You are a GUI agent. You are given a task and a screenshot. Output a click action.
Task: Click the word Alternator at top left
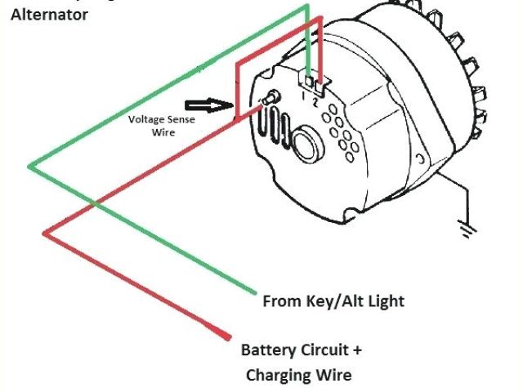(x=49, y=14)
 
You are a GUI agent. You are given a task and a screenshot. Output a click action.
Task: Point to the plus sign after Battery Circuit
(x=356, y=350)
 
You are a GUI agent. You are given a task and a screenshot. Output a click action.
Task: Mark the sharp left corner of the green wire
(x=30, y=167)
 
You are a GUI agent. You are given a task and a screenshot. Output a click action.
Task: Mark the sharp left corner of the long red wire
(x=44, y=234)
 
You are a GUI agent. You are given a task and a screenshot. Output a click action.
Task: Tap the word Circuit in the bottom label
(x=321, y=350)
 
